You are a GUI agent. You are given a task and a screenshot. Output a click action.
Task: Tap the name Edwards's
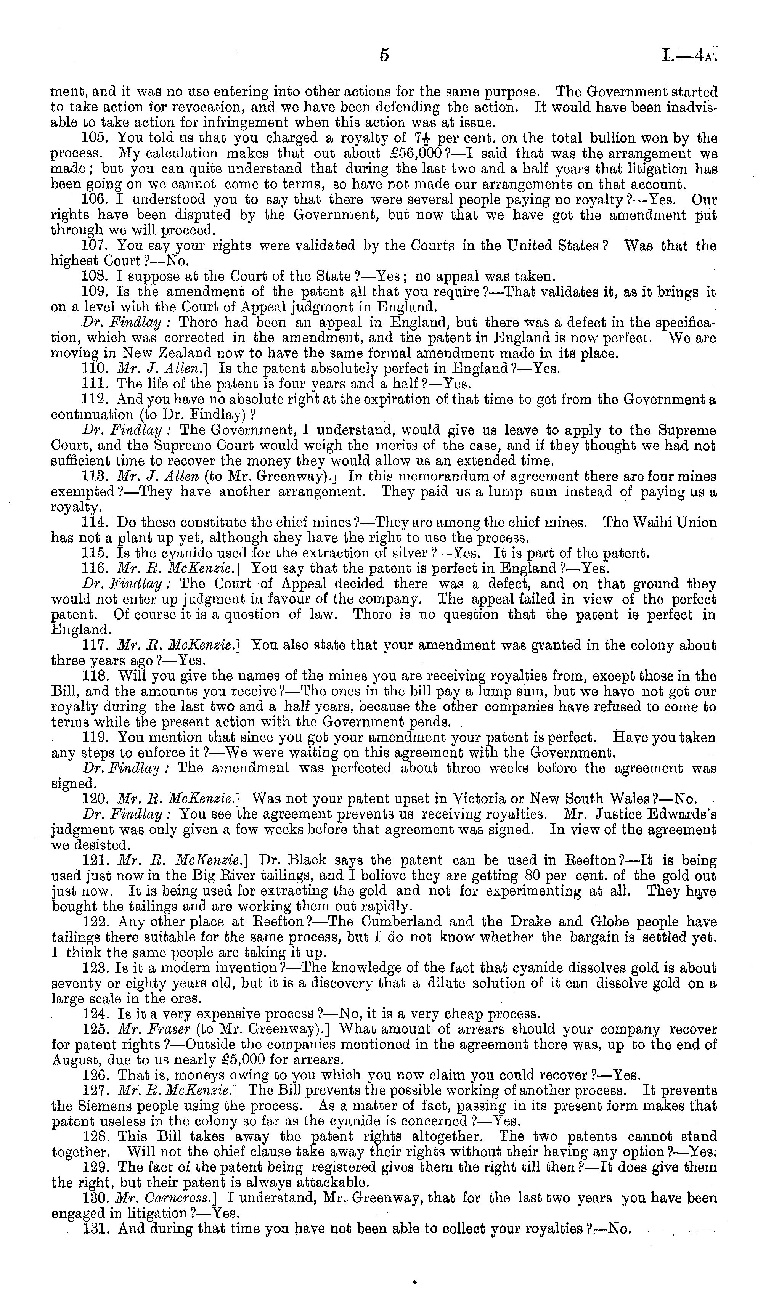pos(683,815)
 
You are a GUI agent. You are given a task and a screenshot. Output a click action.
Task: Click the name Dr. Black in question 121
pos(294,861)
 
